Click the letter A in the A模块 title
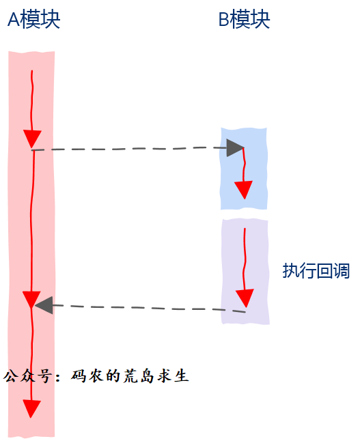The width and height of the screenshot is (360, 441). pos(14,20)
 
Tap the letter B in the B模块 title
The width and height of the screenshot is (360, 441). pos(224,20)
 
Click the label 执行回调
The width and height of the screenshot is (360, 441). pos(316,271)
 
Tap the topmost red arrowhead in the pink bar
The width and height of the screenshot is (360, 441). pos(32,139)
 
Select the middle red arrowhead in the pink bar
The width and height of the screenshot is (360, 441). pos(31,300)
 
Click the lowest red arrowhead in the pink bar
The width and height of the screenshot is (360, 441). pos(31,409)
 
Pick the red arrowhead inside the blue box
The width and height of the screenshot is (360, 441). pos(243,190)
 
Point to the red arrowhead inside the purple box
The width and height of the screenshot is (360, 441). pos(245,298)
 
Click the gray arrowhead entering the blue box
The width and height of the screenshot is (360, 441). pos(235,147)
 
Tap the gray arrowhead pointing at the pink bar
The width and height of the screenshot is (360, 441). pos(44,305)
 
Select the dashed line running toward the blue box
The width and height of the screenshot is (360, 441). pos(130,149)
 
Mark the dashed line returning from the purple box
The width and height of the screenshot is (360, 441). pos(149,309)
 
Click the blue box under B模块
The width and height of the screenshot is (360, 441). pos(243,169)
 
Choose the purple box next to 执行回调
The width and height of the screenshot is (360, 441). pos(245,272)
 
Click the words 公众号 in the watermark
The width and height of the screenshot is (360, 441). pos(28,376)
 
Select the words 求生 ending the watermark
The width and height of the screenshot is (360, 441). pos(173,376)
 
